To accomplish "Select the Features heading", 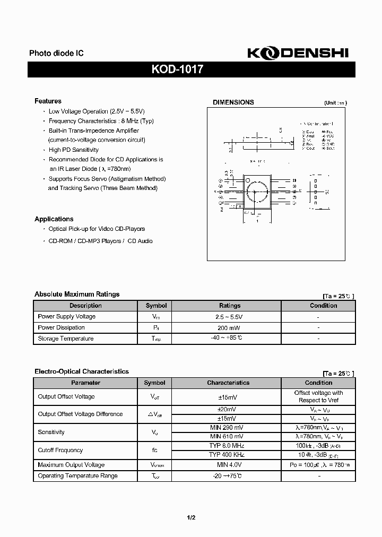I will click(x=48, y=101).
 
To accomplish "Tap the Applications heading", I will click(x=54, y=219).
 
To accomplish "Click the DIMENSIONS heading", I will click(x=233, y=102).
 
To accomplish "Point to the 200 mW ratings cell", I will click(x=229, y=327).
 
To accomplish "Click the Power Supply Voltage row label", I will click(x=66, y=316).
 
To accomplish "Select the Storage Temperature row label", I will click(x=65, y=339).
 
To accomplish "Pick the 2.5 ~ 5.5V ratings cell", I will click(x=229, y=316).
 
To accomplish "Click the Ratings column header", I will click(x=229, y=306).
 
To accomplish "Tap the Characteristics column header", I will click(x=228, y=383).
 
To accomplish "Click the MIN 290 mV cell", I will click(x=228, y=427).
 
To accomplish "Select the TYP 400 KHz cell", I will click(x=228, y=455).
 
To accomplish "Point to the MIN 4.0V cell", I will click(x=228, y=465).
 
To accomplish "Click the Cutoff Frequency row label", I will click(x=60, y=450).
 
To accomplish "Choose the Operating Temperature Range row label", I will click(x=77, y=476).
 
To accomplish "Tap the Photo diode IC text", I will click(x=56, y=54).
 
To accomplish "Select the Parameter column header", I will click(x=85, y=383).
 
